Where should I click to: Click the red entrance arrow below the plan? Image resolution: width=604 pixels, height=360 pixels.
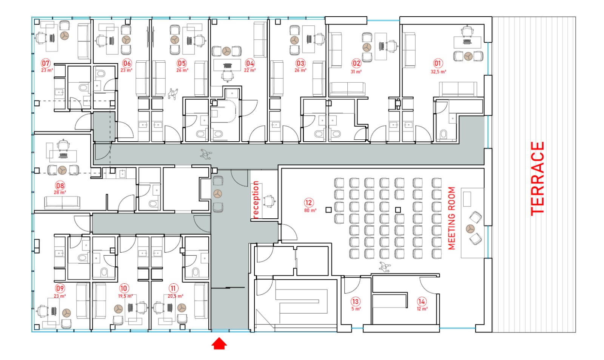click(x=219, y=343)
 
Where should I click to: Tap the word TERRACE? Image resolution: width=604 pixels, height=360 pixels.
click(x=538, y=179)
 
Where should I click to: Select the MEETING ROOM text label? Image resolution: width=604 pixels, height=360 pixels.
click(x=451, y=218)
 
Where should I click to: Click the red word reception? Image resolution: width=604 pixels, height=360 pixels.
click(x=256, y=199)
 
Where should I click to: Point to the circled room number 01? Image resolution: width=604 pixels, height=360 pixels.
click(x=438, y=63)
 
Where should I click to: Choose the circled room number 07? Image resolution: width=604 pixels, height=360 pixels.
click(x=46, y=63)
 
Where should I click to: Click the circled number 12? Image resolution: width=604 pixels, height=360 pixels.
click(x=308, y=203)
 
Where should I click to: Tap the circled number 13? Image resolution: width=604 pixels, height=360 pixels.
click(x=355, y=301)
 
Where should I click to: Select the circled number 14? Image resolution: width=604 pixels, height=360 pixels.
click(x=421, y=301)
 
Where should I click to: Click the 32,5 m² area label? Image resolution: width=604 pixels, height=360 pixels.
click(x=438, y=72)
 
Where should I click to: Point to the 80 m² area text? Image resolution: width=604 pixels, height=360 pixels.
click(x=310, y=210)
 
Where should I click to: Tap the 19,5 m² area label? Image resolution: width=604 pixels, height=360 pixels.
click(x=125, y=296)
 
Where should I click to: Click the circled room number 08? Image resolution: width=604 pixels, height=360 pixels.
click(x=60, y=186)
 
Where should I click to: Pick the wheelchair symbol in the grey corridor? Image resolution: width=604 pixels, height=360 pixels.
click(x=206, y=155)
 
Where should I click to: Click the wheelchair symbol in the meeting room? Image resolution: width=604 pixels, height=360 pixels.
click(x=385, y=267)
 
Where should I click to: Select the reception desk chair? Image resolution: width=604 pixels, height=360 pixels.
click(x=270, y=201)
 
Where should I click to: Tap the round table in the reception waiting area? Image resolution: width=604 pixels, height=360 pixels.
click(x=217, y=193)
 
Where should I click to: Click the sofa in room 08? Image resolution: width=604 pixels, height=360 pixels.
click(x=62, y=202)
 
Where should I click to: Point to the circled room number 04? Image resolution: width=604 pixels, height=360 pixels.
click(x=250, y=63)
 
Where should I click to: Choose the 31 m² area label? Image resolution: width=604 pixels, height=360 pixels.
click(x=356, y=72)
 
